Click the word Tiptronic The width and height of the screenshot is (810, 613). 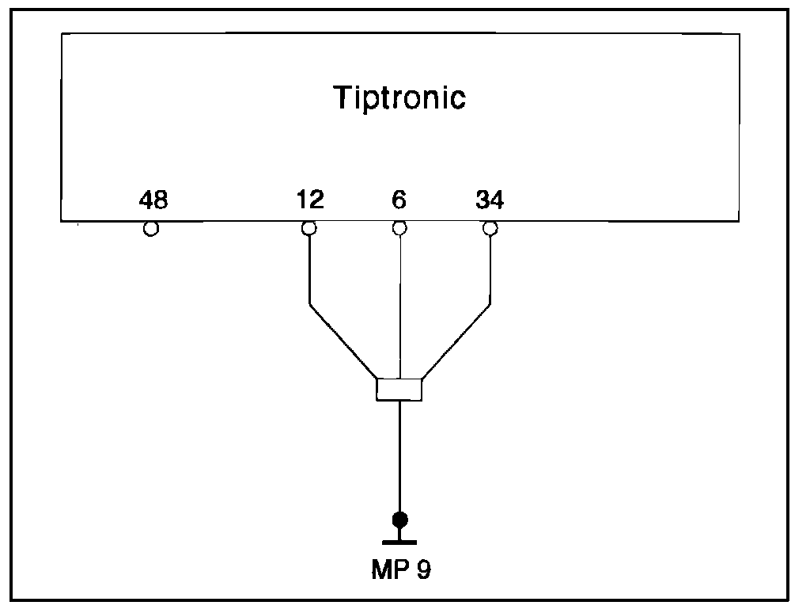[x=399, y=98]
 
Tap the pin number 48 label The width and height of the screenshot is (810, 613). [x=153, y=200]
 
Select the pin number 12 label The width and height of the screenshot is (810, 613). [x=310, y=200]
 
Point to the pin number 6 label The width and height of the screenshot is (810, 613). [x=399, y=200]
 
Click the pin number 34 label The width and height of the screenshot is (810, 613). [x=490, y=200]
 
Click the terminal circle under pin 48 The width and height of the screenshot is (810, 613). [x=150, y=229]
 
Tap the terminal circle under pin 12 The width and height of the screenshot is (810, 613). [x=309, y=229]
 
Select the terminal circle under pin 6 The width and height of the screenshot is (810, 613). [x=399, y=229]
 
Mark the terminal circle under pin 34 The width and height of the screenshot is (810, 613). [x=490, y=229]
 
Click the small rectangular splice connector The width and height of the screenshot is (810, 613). [x=399, y=390]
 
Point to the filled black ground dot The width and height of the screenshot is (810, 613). [x=400, y=520]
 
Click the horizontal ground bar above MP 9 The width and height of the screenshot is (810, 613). [x=400, y=542]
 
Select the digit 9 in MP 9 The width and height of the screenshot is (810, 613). [x=424, y=570]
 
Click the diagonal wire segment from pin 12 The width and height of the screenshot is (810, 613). [x=343, y=341]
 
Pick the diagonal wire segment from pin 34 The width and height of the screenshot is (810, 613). [x=457, y=341]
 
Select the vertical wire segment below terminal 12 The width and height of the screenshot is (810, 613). [x=309, y=269]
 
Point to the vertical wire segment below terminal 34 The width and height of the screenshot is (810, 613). [x=490, y=269]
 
